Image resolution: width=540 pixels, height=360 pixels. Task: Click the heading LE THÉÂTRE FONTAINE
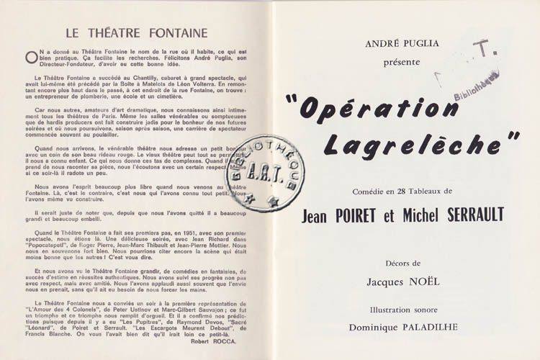pos(136,32)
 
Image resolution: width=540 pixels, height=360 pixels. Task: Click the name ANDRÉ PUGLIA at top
pos(401,44)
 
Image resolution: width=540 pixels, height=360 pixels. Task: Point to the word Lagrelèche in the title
pos(420,143)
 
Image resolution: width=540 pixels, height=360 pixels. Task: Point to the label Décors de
pos(401,263)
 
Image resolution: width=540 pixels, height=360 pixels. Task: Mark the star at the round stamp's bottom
pos(273,203)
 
